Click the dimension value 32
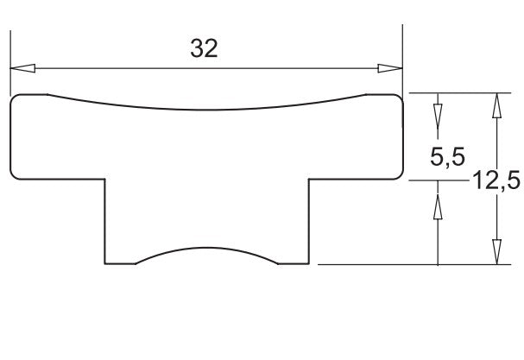[x=204, y=48]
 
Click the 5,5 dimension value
[x=447, y=156]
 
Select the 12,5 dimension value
[x=496, y=180]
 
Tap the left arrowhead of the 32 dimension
[x=22, y=68]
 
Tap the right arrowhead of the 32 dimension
[x=390, y=68]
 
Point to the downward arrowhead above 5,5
[x=438, y=117]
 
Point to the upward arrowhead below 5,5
[x=438, y=207]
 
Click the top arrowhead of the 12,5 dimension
[x=497, y=105]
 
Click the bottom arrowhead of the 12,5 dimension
[x=497, y=252]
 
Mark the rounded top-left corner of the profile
[x=13, y=98]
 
